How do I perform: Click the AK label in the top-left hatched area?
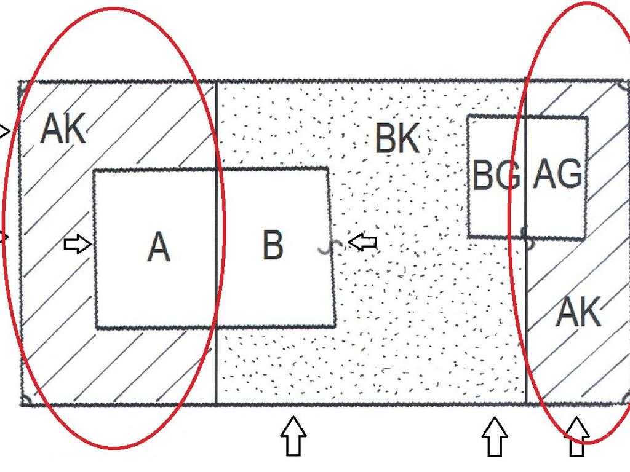click(x=63, y=128)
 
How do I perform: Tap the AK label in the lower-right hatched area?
click(x=578, y=312)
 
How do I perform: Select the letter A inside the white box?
click(x=159, y=247)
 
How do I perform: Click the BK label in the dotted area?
click(x=397, y=138)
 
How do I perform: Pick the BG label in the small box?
click(x=496, y=175)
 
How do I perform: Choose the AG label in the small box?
click(x=557, y=173)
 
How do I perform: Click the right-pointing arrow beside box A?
click(x=78, y=243)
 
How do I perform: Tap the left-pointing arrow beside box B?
click(x=362, y=242)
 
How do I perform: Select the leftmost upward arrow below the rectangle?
click(x=293, y=436)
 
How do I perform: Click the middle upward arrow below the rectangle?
click(x=495, y=436)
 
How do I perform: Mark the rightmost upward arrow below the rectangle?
click(x=576, y=436)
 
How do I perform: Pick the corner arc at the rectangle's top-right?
click(x=623, y=85)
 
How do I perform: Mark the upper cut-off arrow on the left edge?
click(x=5, y=132)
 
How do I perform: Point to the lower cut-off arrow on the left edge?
click(x=4, y=238)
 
